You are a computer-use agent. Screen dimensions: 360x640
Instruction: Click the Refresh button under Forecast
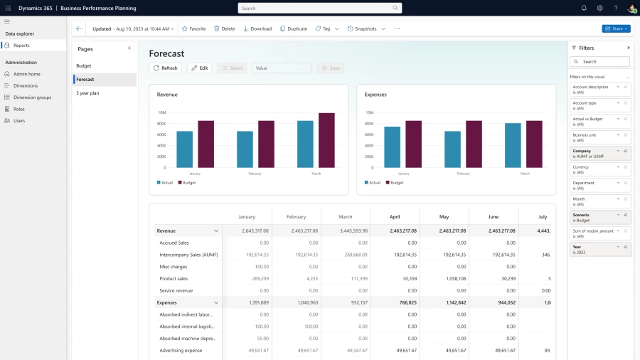click(x=165, y=68)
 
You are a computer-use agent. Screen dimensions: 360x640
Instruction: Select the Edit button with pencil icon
click(x=199, y=68)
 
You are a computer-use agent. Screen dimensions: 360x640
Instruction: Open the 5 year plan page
click(x=87, y=93)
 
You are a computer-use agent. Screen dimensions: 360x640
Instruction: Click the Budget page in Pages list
click(x=84, y=65)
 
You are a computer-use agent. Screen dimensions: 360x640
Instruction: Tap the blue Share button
click(x=615, y=29)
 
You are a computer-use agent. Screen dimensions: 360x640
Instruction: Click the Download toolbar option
click(x=257, y=29)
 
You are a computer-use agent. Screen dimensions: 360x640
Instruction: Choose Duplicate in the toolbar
click(x=293, y=29)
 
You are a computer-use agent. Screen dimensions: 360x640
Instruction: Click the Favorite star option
click(x=193, y=29)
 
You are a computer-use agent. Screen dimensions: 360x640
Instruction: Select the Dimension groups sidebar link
click(x=32, y=97)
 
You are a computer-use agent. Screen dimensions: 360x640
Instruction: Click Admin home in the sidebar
click(x=26, y=74)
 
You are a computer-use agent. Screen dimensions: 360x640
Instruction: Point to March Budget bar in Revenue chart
click(x=326, y=140)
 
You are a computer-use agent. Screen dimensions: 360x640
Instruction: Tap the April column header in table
click(x=395, y=216)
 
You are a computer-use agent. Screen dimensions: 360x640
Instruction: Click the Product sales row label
click(x=174, y=279)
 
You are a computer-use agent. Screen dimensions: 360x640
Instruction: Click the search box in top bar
click(x=319, y=8)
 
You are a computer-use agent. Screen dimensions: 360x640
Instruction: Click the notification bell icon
click(x=584, y=8)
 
